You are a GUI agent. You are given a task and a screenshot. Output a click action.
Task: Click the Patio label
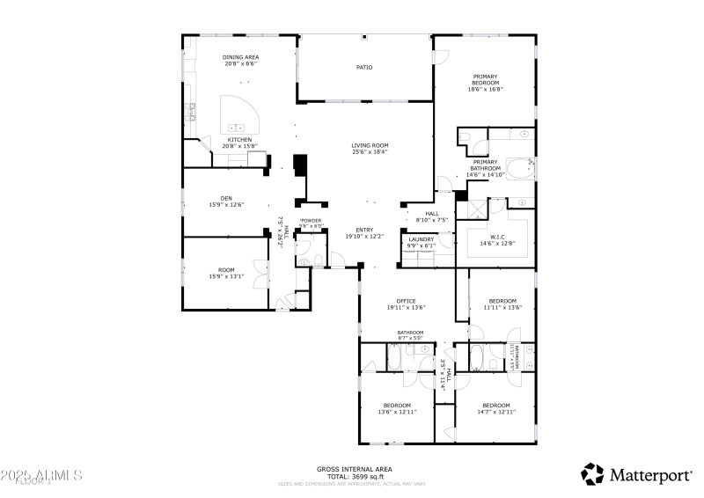pyautogui.click(x=363, y=67)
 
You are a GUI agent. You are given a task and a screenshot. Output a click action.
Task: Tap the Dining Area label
pyautogui.click(x=240, y=57)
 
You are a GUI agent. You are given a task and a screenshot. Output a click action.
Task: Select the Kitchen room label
pyautogui.click(x=240, y=139)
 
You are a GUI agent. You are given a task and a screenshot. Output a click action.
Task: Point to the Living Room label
pyautogui.click(x=370, y=146)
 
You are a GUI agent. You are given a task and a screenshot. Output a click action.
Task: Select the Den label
pyautogui.click(x=226, y=198)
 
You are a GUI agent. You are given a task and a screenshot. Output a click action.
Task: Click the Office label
pyautogui.click(x=406, y=301)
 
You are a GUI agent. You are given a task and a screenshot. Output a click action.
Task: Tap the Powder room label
pyautogui.click(x=311, y=221)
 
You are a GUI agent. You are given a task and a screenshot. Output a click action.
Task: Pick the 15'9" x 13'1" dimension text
pyautogui.click(x=226, y=277)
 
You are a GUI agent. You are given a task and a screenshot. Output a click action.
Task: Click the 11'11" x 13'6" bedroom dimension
pyautogui.click(x=502, y=308)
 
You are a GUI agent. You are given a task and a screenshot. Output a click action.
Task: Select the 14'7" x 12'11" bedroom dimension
pyautogui.click(x=496, y=412)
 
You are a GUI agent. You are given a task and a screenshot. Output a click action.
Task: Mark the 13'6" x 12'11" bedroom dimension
pyautogui.click(x=397, y=412)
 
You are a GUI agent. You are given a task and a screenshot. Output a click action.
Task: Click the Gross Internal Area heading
pyautogui.click(x=354, y=469)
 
